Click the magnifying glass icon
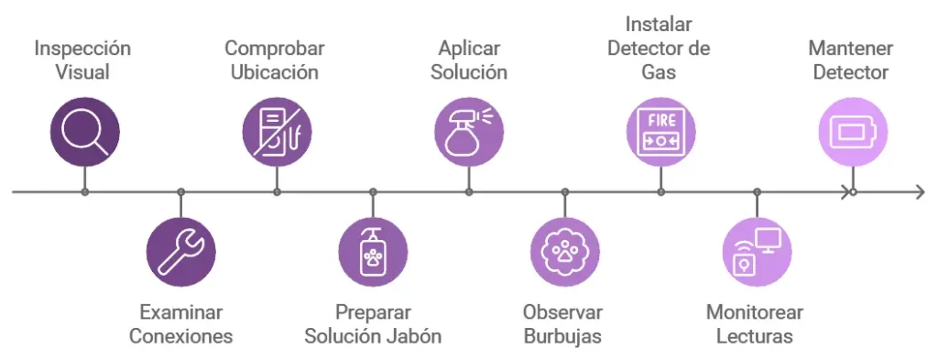[84, 133]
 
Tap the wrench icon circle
[180, 252]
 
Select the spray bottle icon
[468, 133]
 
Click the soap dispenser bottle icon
[373, 252]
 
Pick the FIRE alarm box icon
[660, 133]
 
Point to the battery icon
[853, 133]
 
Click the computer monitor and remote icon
[757, 252]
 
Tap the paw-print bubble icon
[564, 252]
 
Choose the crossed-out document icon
[277, 133]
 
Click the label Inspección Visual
[82, 60]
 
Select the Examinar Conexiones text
[180, 324]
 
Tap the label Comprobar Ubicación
[275, 60]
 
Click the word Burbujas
[562, 336]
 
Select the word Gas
[660, 71]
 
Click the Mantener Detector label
[851, 60]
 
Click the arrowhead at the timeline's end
[919, 191]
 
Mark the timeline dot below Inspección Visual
[84, 191]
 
